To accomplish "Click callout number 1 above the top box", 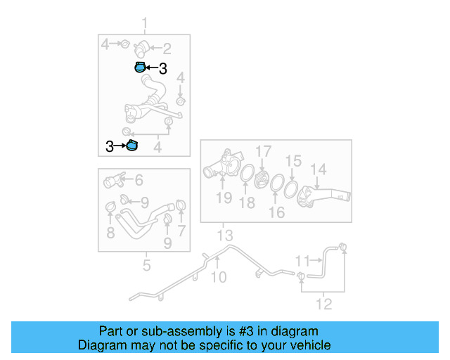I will [x=145, y=26].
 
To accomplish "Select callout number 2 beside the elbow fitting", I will [x=167, y=49].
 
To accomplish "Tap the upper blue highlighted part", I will [x=140, y=67].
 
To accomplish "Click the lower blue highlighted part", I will [x=131, y=146].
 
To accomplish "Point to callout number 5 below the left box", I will [x=146, y=265].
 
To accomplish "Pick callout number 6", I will [x=139, y=180].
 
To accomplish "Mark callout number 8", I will [x=110, y=232].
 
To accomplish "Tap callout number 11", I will [x=302, y=259].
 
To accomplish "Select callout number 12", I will [x=324, y=304].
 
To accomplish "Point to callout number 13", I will [x=224, y=234].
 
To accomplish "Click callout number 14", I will [x=319, y=169].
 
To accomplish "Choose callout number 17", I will [x=262, y=152].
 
